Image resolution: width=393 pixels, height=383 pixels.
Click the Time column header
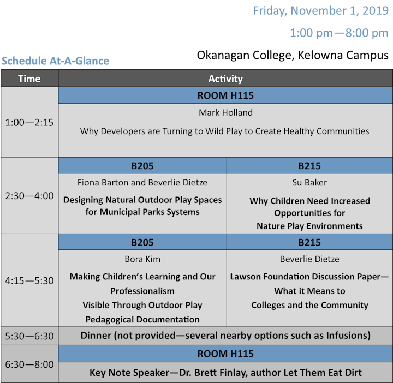[x=29, y=79]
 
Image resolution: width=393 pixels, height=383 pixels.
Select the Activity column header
[x=225, y=79]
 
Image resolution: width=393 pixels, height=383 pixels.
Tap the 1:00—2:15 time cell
[x=29, y=123]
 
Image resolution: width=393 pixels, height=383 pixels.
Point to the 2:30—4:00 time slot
[x=29, y=196]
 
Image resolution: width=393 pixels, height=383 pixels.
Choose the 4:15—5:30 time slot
[x=29, y=280]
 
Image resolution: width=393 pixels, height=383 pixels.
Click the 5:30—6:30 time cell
[x=29, y=336]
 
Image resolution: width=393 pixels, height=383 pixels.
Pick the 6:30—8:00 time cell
[x=29, y=364]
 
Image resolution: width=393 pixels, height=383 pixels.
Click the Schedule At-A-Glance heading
[x=55, y=61]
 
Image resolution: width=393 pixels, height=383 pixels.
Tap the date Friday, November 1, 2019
[x=320, y=11]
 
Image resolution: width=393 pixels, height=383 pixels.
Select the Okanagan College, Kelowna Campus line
[x=293, y=55]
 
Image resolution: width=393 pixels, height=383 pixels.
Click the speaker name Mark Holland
[x=225, y=113]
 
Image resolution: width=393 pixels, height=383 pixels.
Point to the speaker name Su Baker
[x=309, y=183]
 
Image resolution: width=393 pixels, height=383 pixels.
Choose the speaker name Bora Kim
[x=142, y=259]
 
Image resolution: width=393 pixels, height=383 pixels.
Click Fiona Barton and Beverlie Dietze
[x=142, y=183]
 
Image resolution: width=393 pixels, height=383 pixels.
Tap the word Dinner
[x=96, y=336]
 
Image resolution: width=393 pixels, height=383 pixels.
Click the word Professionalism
[x=142, y=291]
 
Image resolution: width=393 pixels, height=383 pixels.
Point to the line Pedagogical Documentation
[x=142, y=319]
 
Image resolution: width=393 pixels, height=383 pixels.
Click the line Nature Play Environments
[x=309, y=226]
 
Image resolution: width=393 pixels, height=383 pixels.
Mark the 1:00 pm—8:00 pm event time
[x=339, y=33]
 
